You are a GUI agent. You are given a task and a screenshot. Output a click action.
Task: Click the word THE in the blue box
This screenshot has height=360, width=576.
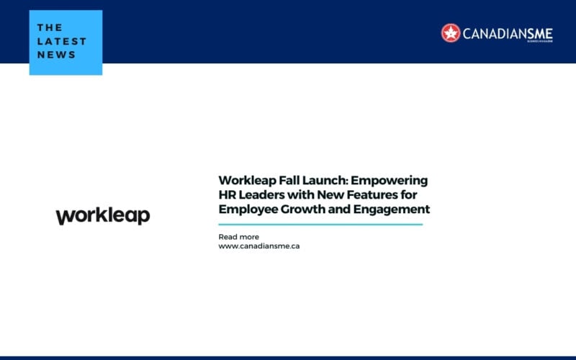(50, 27)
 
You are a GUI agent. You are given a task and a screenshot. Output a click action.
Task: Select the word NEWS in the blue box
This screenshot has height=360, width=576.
(56, 55)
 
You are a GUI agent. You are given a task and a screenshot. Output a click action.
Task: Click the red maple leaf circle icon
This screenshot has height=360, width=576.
(451, 32)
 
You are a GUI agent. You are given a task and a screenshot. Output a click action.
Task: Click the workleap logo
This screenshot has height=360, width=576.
(103, 216)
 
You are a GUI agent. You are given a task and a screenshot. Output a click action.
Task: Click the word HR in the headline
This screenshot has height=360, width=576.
(228, 195)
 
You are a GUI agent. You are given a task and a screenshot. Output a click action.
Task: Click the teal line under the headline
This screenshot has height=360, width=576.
(320, 225)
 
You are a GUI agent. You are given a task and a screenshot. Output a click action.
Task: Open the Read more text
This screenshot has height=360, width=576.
(238, 237)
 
